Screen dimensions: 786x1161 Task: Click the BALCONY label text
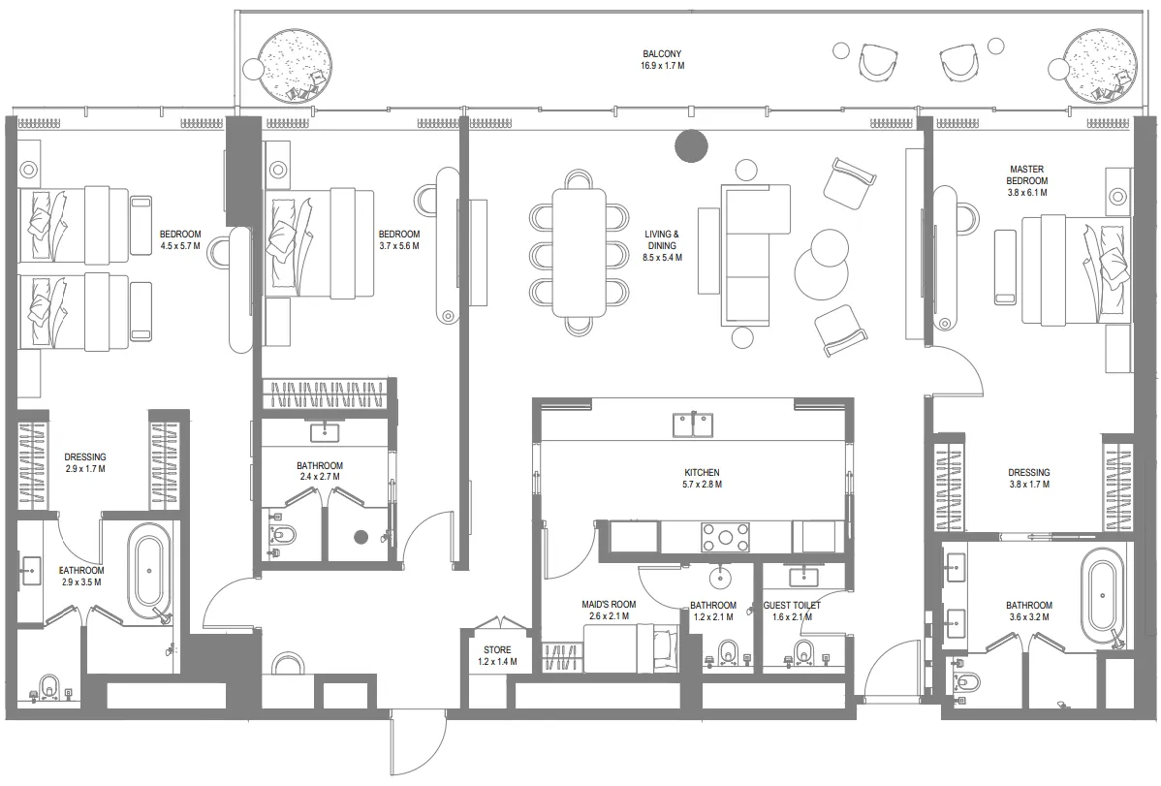pos(663,54)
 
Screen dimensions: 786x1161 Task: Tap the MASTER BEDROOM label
pos(1027,174)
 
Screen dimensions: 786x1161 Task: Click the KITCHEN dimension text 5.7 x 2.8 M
pos(703,485)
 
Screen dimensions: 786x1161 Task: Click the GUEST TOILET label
pos(792,605)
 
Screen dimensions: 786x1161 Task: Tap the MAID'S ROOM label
pos(609,605)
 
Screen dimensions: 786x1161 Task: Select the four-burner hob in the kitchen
pos(726,536)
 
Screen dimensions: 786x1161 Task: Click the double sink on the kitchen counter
pos(694,424)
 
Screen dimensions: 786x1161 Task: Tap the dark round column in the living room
pos(691,145)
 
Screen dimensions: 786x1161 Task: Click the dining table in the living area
pos(579,252)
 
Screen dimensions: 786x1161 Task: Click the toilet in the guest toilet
pos(804,651)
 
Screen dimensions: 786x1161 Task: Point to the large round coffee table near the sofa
pos(821,271)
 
